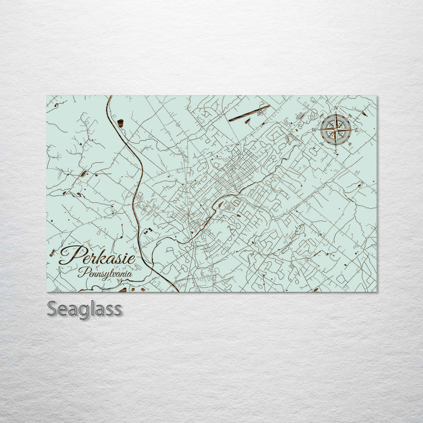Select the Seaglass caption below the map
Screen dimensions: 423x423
pyautogui.click(x=85, y=308)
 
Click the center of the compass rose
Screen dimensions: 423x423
pyautogui.click(x=335, y=129)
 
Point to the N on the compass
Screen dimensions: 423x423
pyautogui.click(x=335, y=109)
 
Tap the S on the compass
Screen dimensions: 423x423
pyautogui.click(x=335, y=150)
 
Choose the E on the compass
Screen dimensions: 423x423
pyautogui.click(x=357, y=130)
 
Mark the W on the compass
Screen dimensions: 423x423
pyautogui.click(x=314, y=129)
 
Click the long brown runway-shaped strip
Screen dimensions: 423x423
pyautogui.click(x=249, y=113)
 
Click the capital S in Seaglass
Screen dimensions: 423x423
pyautogui.click(x=52, y=308)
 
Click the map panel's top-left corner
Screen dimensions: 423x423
pyautogui.click(x=47, y=96)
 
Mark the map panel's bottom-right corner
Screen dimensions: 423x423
pyautogui.click(x=377, y=291)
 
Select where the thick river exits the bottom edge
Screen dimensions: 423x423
pyautogui.click(x=177, y=291)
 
